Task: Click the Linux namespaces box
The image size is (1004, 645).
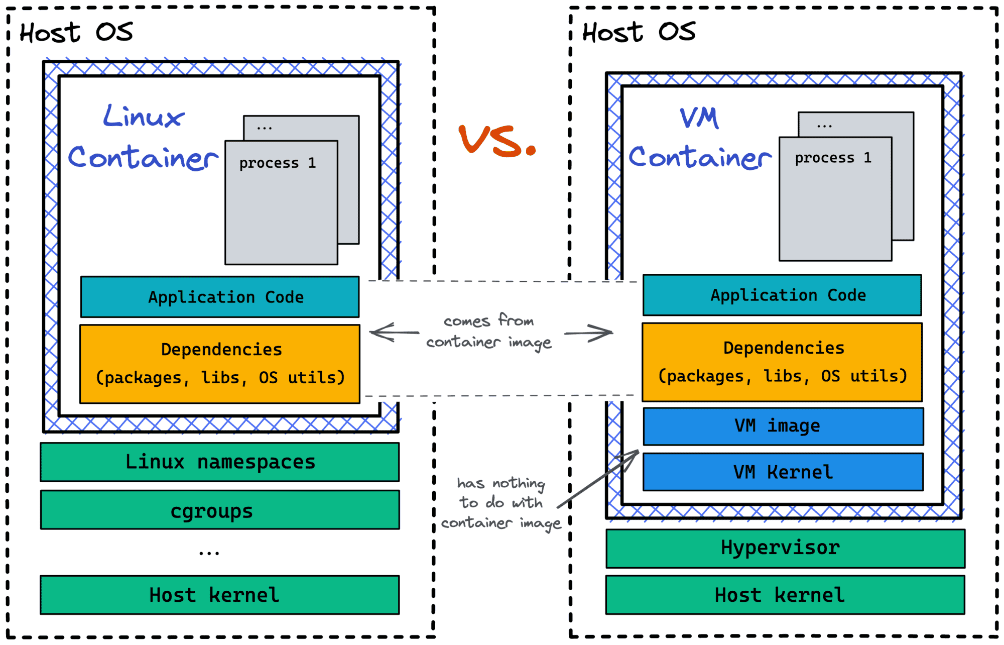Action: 220,462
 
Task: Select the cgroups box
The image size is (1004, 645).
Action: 220,510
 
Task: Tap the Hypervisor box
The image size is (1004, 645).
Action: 785,549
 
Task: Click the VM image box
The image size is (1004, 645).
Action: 783,426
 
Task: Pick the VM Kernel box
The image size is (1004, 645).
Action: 783,472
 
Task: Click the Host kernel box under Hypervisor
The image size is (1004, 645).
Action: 785,595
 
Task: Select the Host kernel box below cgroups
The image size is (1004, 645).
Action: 220,595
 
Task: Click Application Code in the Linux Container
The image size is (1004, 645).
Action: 220,297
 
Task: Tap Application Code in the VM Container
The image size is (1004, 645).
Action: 782,295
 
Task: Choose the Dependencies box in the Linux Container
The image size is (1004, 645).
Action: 220,364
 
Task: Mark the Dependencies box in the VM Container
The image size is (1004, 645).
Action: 782,362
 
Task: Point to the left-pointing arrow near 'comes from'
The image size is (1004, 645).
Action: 394,332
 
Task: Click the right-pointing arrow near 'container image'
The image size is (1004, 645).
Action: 588,333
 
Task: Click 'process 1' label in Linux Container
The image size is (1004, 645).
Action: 277,163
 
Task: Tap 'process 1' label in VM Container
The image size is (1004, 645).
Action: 833,158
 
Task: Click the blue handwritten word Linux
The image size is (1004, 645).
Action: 144,117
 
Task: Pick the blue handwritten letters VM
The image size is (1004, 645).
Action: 699,119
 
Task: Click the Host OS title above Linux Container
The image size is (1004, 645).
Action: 76,33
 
